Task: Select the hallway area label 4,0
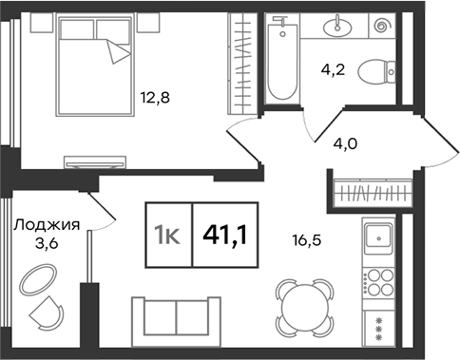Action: tap(345, 144)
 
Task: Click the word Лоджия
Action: tap(47, 225)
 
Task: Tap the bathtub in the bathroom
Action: tap(282, 62)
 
